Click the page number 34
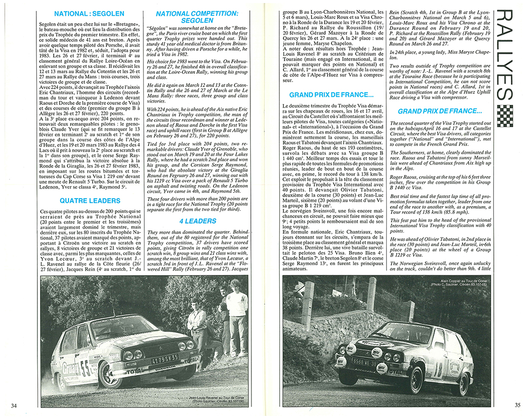coord(14,405)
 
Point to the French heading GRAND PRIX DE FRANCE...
coord(331,95)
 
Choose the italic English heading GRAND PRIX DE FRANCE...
coord(440,111)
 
